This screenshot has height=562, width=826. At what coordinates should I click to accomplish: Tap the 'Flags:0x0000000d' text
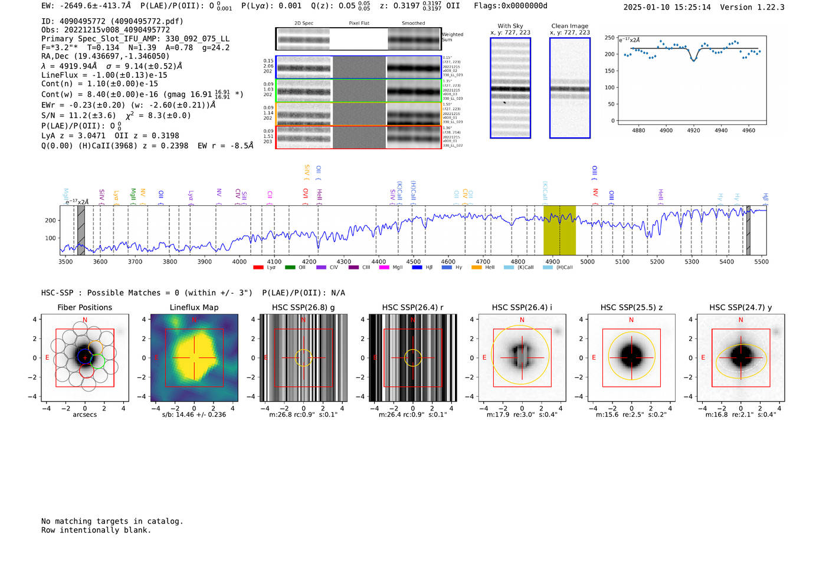pos(510,6)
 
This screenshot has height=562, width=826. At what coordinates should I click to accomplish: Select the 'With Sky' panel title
pos(510,26)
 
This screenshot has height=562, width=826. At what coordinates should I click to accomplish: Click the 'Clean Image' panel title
pos(569,26)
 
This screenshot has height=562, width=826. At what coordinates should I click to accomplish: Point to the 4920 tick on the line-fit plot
pos(693,130)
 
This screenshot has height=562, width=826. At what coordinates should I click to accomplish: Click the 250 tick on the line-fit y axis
pos(609,38)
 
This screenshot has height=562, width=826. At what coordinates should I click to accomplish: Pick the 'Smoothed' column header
pos(413,24)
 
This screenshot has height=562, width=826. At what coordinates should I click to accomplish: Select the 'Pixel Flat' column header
pos(359,24)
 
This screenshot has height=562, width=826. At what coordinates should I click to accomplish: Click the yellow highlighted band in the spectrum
pos(559,230)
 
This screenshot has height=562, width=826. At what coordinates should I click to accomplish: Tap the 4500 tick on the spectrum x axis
pos(414,262)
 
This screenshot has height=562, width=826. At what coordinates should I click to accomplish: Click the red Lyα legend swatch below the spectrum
pos(258,268)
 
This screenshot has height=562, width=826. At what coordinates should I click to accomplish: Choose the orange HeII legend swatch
pos(476,268)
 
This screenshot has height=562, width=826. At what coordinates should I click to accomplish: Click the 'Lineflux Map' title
pos(194,307)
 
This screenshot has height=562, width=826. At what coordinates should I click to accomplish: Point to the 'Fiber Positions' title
pos(84,307)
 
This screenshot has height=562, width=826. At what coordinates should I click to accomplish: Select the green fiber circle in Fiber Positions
pos(98,361)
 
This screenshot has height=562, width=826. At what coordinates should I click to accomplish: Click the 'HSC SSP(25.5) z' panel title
pos(631,307)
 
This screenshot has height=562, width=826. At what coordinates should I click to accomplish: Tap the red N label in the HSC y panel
pos(740,320)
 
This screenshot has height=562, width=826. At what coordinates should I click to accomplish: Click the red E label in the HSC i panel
pos(484,357)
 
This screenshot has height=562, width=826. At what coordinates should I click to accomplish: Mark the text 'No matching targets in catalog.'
pos(112,521)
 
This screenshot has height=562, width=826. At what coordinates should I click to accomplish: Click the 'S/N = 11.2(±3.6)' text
pos(78,116)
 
